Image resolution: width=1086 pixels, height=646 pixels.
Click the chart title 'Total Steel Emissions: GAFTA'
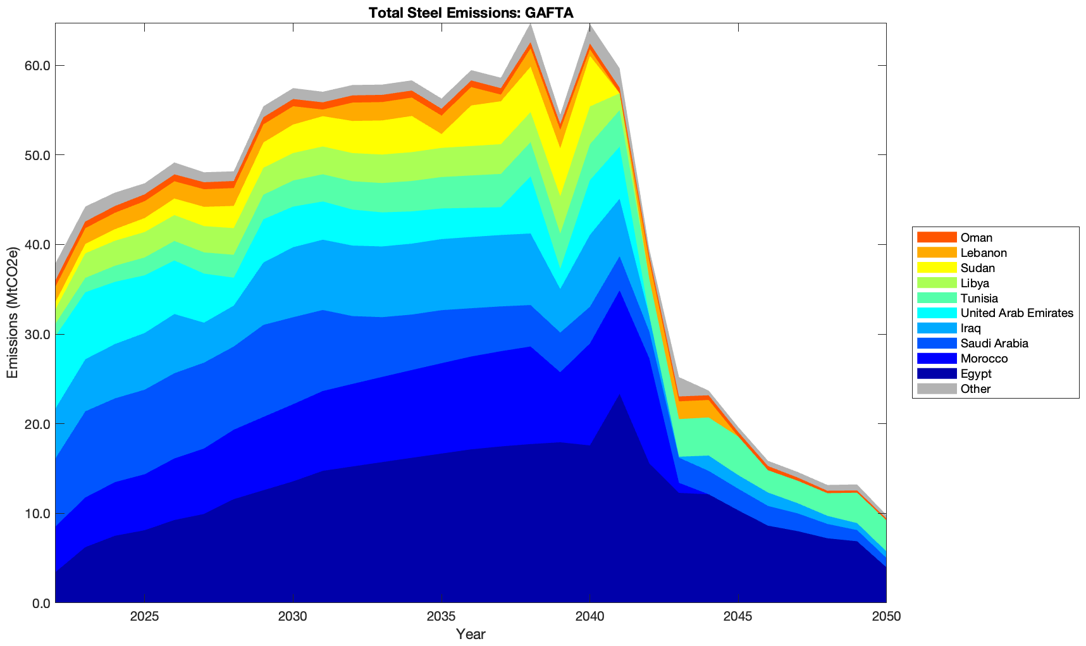[471, 13]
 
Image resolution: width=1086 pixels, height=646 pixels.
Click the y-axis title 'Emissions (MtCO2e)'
[13, 313]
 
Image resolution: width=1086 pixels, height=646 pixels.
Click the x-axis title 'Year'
[471, 634]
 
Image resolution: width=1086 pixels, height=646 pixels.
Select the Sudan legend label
[977, 268]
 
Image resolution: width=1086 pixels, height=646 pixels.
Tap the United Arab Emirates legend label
[1016, 313]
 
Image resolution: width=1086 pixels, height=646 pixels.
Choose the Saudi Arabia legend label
[994, 344]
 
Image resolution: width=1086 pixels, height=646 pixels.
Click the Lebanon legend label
[984, 252]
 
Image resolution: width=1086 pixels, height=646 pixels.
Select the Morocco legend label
[984, 359]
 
